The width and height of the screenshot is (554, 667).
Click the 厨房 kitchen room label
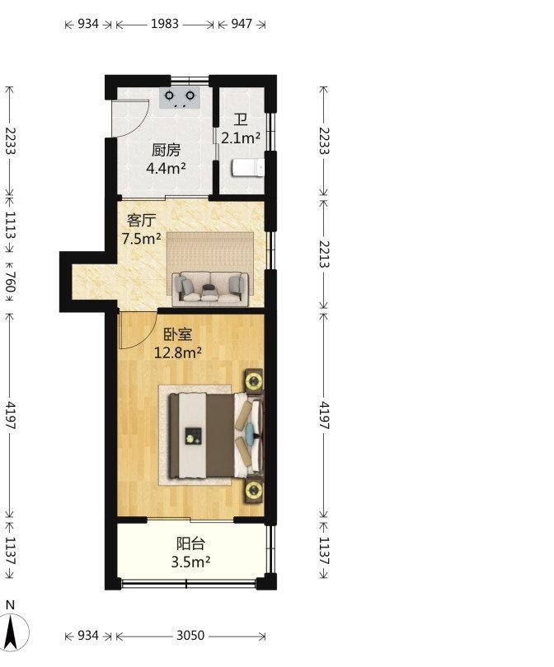(166, 150)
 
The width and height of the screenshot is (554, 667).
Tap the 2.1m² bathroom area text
(241, 138)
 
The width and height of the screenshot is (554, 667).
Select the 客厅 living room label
(141, 221)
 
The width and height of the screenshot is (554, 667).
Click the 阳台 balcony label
(190, 543)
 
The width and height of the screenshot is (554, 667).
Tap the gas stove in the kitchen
(180, 97)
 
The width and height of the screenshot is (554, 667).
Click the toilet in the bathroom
(248, 168)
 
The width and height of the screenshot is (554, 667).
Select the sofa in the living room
(210, 288)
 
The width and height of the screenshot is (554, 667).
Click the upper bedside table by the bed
(254, 380)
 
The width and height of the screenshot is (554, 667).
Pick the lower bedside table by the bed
(254, 491)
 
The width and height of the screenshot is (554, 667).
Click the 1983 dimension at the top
(165, 24)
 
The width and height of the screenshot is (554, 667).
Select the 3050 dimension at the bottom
(190, 636)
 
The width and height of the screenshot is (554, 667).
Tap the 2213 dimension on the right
(325, 254)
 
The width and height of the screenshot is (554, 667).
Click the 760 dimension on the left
(10, 282)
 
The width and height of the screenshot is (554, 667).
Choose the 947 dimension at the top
(242, 24)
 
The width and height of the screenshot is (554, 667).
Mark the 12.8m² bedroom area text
(177, 352)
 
